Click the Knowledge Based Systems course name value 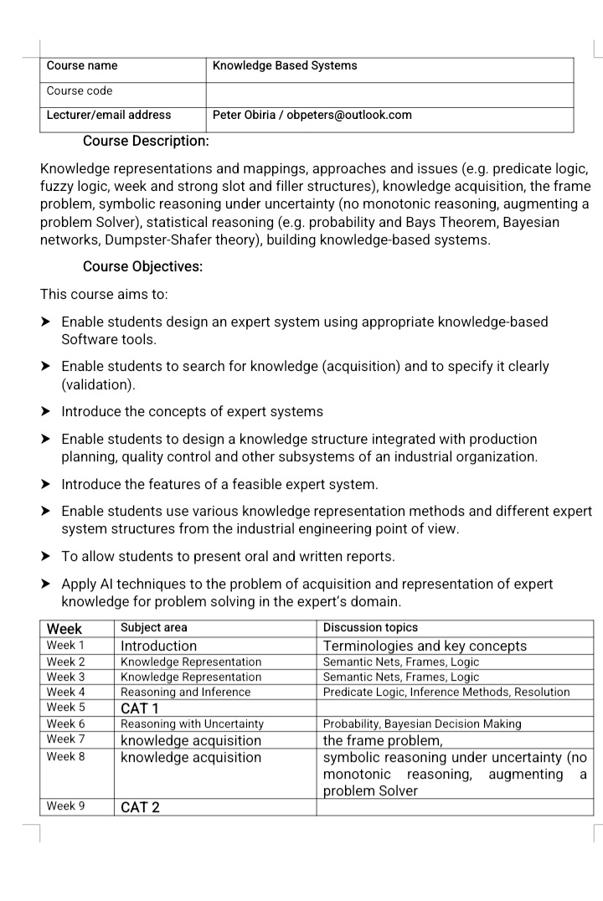[x=285, y=66]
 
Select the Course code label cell [x=80, y=91]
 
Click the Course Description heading [x=146, y=141]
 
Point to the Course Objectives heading [x=143, y=267]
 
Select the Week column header [x=64, y=628]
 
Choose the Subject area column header [x=154, y=628]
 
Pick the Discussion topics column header [x=370, y=628]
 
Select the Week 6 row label [x=65, y=723]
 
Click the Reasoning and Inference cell [x=186, y=692]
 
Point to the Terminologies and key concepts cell [x=425, y=646]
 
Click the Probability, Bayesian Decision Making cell [x=422, y=723]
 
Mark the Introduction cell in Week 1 [x=159, y=646]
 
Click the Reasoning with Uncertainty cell [x=193, y=723]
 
